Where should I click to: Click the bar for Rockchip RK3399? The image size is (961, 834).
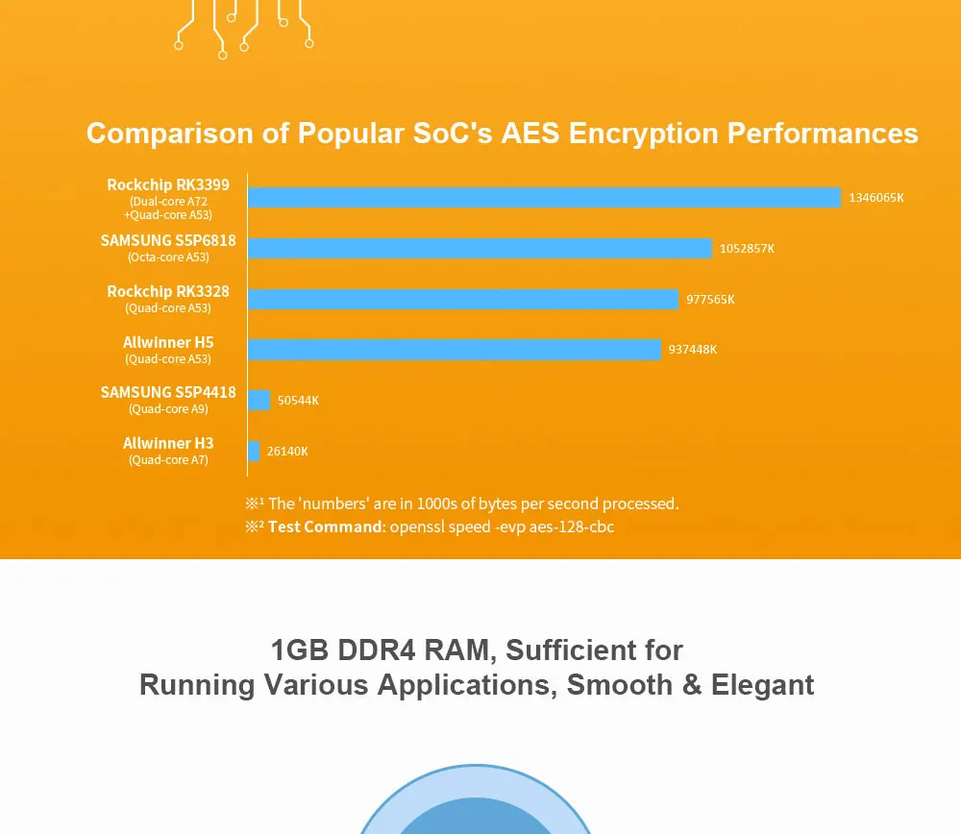click(x=544, y=197)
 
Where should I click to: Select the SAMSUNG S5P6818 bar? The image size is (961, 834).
click(x=480, y=248)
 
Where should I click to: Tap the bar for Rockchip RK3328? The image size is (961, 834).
click(x=463, y=299)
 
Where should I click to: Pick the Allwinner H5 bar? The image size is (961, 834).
click(x=455, y=350)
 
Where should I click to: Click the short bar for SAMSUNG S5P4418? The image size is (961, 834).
click(x=259, y=400)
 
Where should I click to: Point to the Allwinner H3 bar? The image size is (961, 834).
click(x=254, y=451)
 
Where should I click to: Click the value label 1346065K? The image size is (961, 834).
click(x=875, y=197)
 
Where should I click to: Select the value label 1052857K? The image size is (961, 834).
click(x=747, y=248)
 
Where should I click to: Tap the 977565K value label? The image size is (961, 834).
click(x=710, y=299)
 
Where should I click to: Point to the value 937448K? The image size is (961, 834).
click(x=693, y=350)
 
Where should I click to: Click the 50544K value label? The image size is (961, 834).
click(x=298, y=400)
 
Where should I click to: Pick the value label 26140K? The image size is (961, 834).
click(x=287, y=451)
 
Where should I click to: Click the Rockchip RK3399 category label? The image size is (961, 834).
click(x=168, y=185)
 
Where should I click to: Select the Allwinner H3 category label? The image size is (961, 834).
click(x=168, y=443)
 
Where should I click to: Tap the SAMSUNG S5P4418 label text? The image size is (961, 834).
click(x=168, y=392)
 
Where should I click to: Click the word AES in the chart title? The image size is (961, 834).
click(x=530, y=133)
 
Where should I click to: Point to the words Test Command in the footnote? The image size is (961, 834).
click(x=325, y=527)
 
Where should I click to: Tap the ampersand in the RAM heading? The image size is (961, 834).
click(x=691, y=685)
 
